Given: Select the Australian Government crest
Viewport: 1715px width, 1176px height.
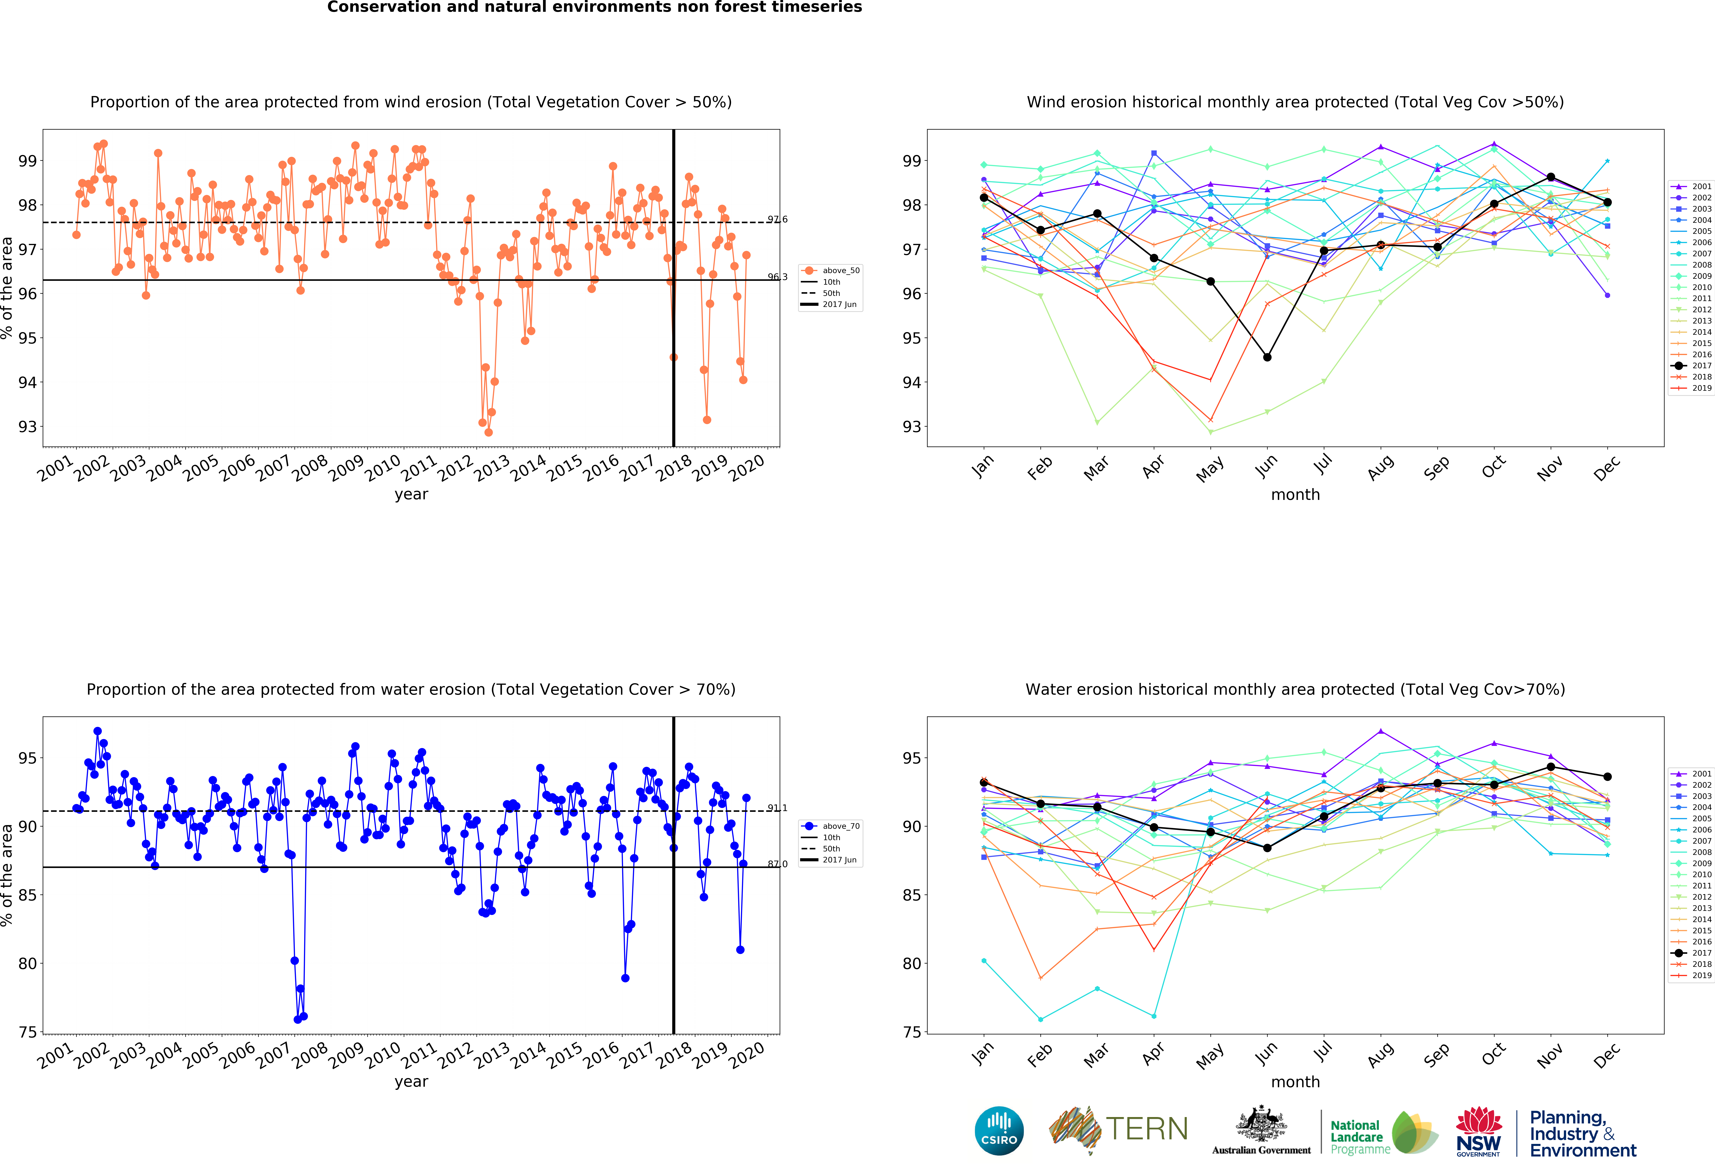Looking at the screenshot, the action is point(1261,1124).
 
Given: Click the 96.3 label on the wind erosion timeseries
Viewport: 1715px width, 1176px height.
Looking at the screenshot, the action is point(777,277).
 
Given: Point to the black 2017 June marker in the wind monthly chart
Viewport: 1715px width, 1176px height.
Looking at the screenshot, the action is point(1267,357).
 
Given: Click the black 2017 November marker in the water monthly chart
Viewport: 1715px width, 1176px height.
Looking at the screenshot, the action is point(1550,767).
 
